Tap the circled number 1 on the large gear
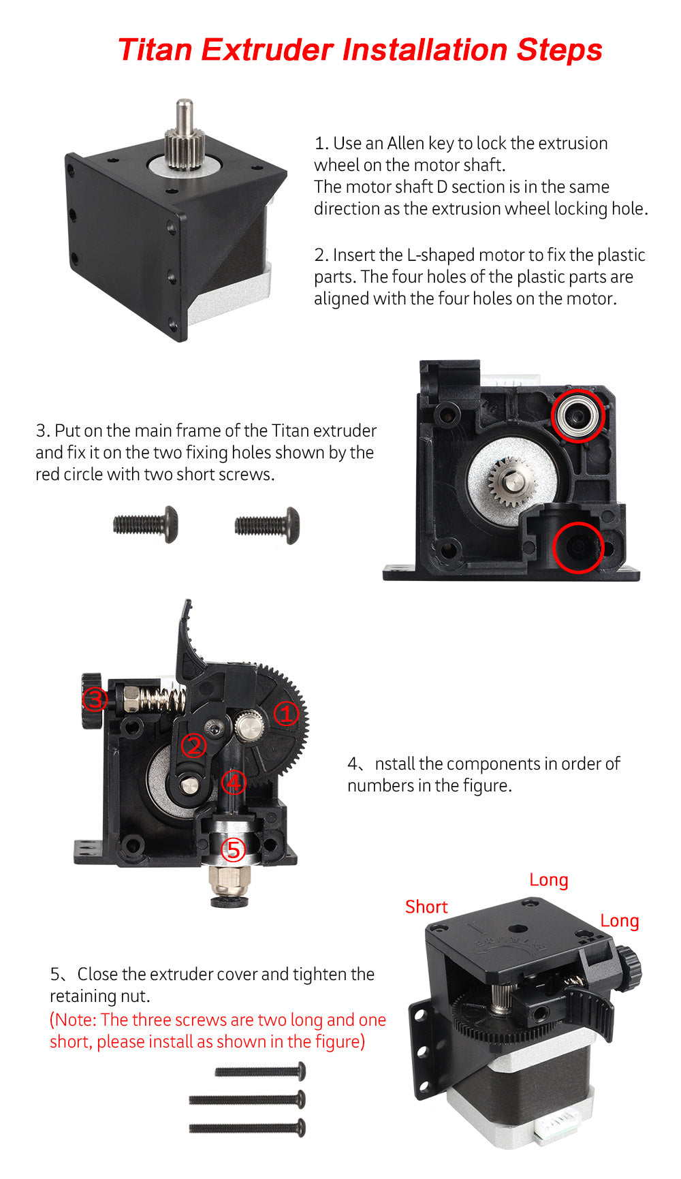286,713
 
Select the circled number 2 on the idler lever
193,745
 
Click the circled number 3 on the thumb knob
94,699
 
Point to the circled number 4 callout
234,782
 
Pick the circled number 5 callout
233,849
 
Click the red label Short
426,907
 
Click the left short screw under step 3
145,524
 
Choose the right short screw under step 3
267,525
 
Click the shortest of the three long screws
260,1071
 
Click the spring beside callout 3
165,698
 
